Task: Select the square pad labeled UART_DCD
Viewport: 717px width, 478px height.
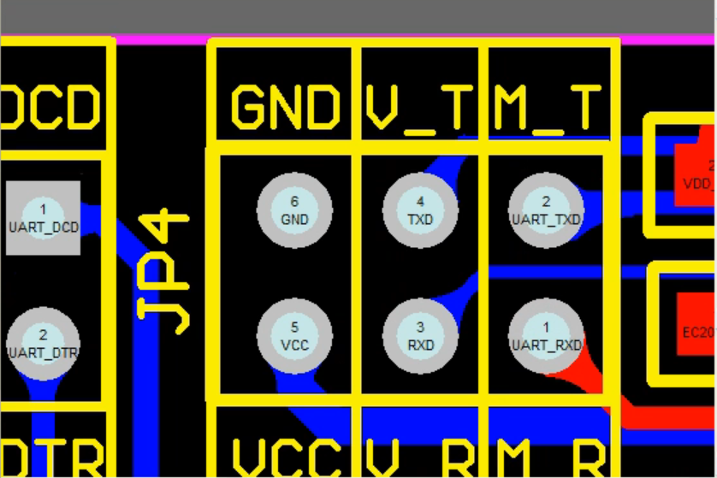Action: [44, 218]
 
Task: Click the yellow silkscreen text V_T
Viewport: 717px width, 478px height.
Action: [420, 109]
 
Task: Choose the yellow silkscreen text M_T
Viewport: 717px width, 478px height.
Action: [546, 109]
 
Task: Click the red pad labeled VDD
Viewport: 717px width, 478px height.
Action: [695, 175]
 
